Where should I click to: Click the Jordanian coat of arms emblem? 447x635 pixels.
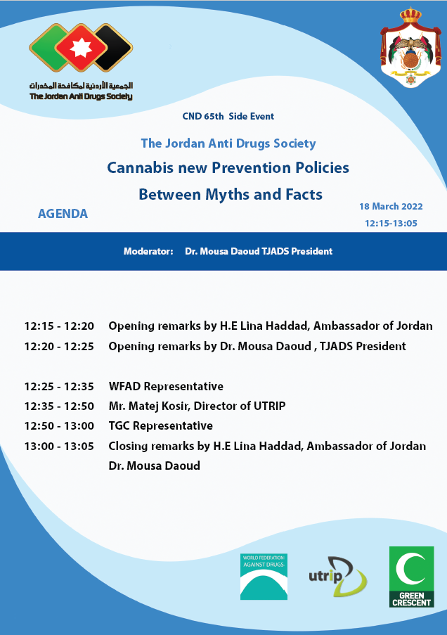410,47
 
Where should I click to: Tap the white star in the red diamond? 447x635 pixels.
81,48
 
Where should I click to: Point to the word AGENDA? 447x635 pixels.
63,214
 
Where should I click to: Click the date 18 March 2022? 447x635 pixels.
391,207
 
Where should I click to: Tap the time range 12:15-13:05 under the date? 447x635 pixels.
391,224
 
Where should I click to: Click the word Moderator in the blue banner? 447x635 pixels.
148,252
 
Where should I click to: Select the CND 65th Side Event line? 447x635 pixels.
228,117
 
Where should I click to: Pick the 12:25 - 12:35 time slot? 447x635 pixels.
59,386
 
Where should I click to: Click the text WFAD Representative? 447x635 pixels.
166,386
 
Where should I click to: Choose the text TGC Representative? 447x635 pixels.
161,426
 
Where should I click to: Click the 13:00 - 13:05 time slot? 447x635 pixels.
59,447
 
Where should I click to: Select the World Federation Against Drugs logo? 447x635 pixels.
264,577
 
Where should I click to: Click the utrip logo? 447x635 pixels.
337,577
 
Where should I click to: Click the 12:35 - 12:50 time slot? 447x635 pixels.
59,406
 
